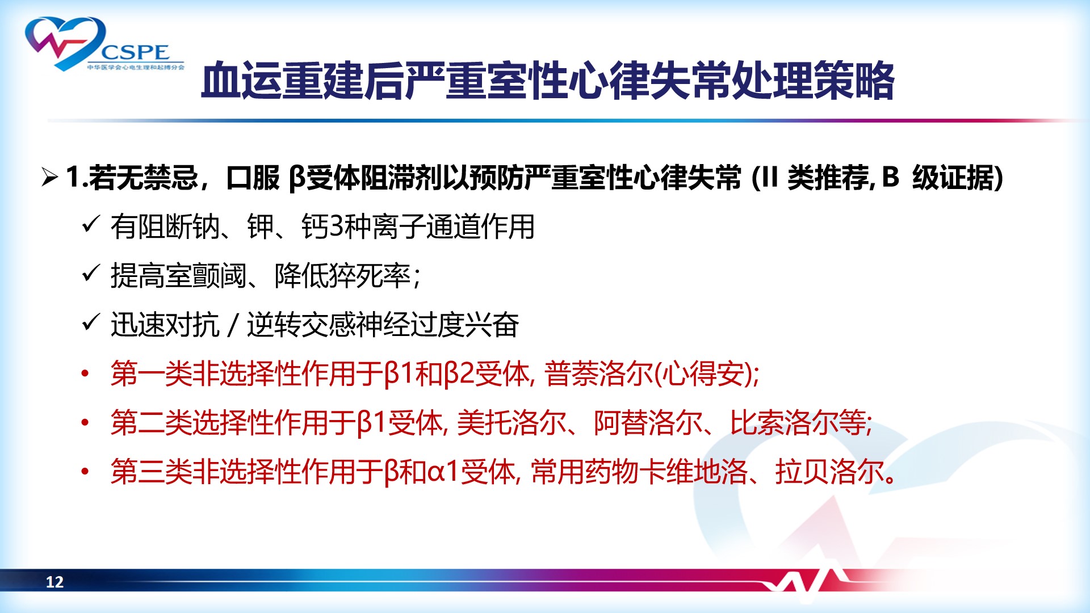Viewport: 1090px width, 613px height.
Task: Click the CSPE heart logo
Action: (105, 44)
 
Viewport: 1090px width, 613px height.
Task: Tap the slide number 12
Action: (54, 582)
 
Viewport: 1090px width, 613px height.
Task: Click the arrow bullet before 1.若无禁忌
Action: (50, 178)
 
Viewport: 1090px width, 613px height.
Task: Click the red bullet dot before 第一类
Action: (85, 373)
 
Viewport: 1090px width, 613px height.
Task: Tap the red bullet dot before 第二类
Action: (85, 423)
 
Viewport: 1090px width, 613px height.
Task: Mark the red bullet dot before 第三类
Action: (85, 472)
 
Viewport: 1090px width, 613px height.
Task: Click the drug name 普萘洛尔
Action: (598, 374)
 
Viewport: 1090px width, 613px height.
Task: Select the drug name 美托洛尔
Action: (512, 423)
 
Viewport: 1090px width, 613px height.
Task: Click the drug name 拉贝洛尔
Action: (829, 472)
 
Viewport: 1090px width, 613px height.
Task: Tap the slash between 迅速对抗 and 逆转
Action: (233, 325)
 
